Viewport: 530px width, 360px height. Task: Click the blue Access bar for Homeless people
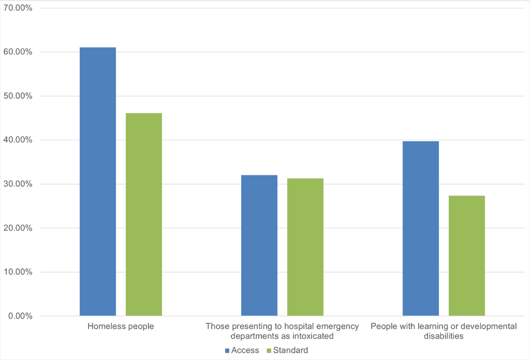click(x=98, y=181)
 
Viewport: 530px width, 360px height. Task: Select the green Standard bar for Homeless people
click(x=144, y=214)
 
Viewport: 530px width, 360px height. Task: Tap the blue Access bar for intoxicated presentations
click(x=259, y=245)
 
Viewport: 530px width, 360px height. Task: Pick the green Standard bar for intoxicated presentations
click(x=305, y=247)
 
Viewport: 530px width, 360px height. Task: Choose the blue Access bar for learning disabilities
click(x=421, y=228)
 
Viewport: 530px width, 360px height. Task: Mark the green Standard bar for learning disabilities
click(x=467, y=256)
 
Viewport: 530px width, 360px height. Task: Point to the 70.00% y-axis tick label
click(x=18, y=8)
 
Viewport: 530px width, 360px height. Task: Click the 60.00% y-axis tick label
click(x=18, y=52)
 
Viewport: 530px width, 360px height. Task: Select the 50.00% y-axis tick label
click(x=18, y=96)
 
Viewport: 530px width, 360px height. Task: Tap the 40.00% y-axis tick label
click(x=18, y=140)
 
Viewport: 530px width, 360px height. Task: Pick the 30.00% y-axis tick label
click(x=18, y=184)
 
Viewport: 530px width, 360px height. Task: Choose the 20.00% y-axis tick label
click(x=18, y=228)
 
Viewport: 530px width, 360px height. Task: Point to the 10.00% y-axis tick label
click(x=18, y=272)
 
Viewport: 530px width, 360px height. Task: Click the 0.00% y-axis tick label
click(x=20, y=316)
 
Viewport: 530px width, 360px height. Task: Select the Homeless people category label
click(x=121, y=326)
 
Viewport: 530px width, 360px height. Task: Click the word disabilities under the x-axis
click(x=444, y=336)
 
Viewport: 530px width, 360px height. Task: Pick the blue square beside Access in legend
click(x=227, y=351)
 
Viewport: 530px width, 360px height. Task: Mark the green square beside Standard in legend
click(x=269, y=351)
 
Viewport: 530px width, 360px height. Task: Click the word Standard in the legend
click(x=290, y=351)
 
